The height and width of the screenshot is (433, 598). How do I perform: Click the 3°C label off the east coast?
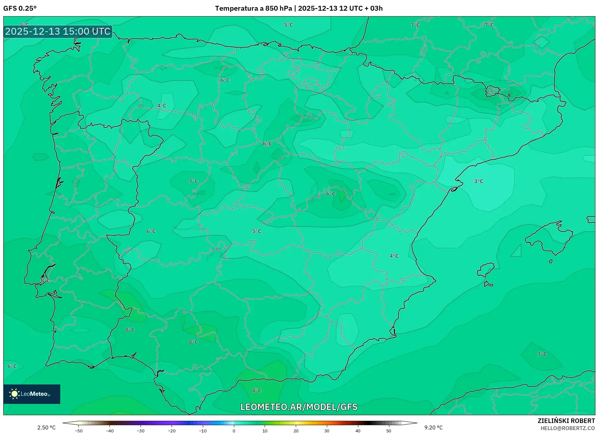coord(478,181)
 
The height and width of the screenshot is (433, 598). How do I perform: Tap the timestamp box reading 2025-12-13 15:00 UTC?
coord(58,31)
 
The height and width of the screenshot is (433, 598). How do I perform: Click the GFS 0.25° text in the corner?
coord(20,8)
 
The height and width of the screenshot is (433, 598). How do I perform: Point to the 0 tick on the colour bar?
coord(234,430)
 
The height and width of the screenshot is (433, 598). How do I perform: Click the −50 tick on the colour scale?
coord(78,430)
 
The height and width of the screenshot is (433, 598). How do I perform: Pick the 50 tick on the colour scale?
coord(389,430)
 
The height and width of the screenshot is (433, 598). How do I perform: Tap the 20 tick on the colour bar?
coord(296,430)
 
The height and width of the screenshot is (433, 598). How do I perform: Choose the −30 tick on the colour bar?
coord(141,430)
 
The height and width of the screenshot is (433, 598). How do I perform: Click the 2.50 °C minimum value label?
coord(46,427)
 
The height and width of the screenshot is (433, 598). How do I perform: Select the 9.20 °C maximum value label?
coord(433,427)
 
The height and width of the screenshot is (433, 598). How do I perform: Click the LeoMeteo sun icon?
coord(14,394)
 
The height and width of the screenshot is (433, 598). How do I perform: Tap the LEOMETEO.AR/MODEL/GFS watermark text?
coord(299,407)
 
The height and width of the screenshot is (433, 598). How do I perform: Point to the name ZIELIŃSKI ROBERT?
coord(566,421)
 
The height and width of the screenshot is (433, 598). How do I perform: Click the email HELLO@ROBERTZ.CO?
coord(568,428)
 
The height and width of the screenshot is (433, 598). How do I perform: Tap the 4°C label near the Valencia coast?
coord(394,256)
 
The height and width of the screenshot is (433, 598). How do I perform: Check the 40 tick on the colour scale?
coord(358,430)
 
